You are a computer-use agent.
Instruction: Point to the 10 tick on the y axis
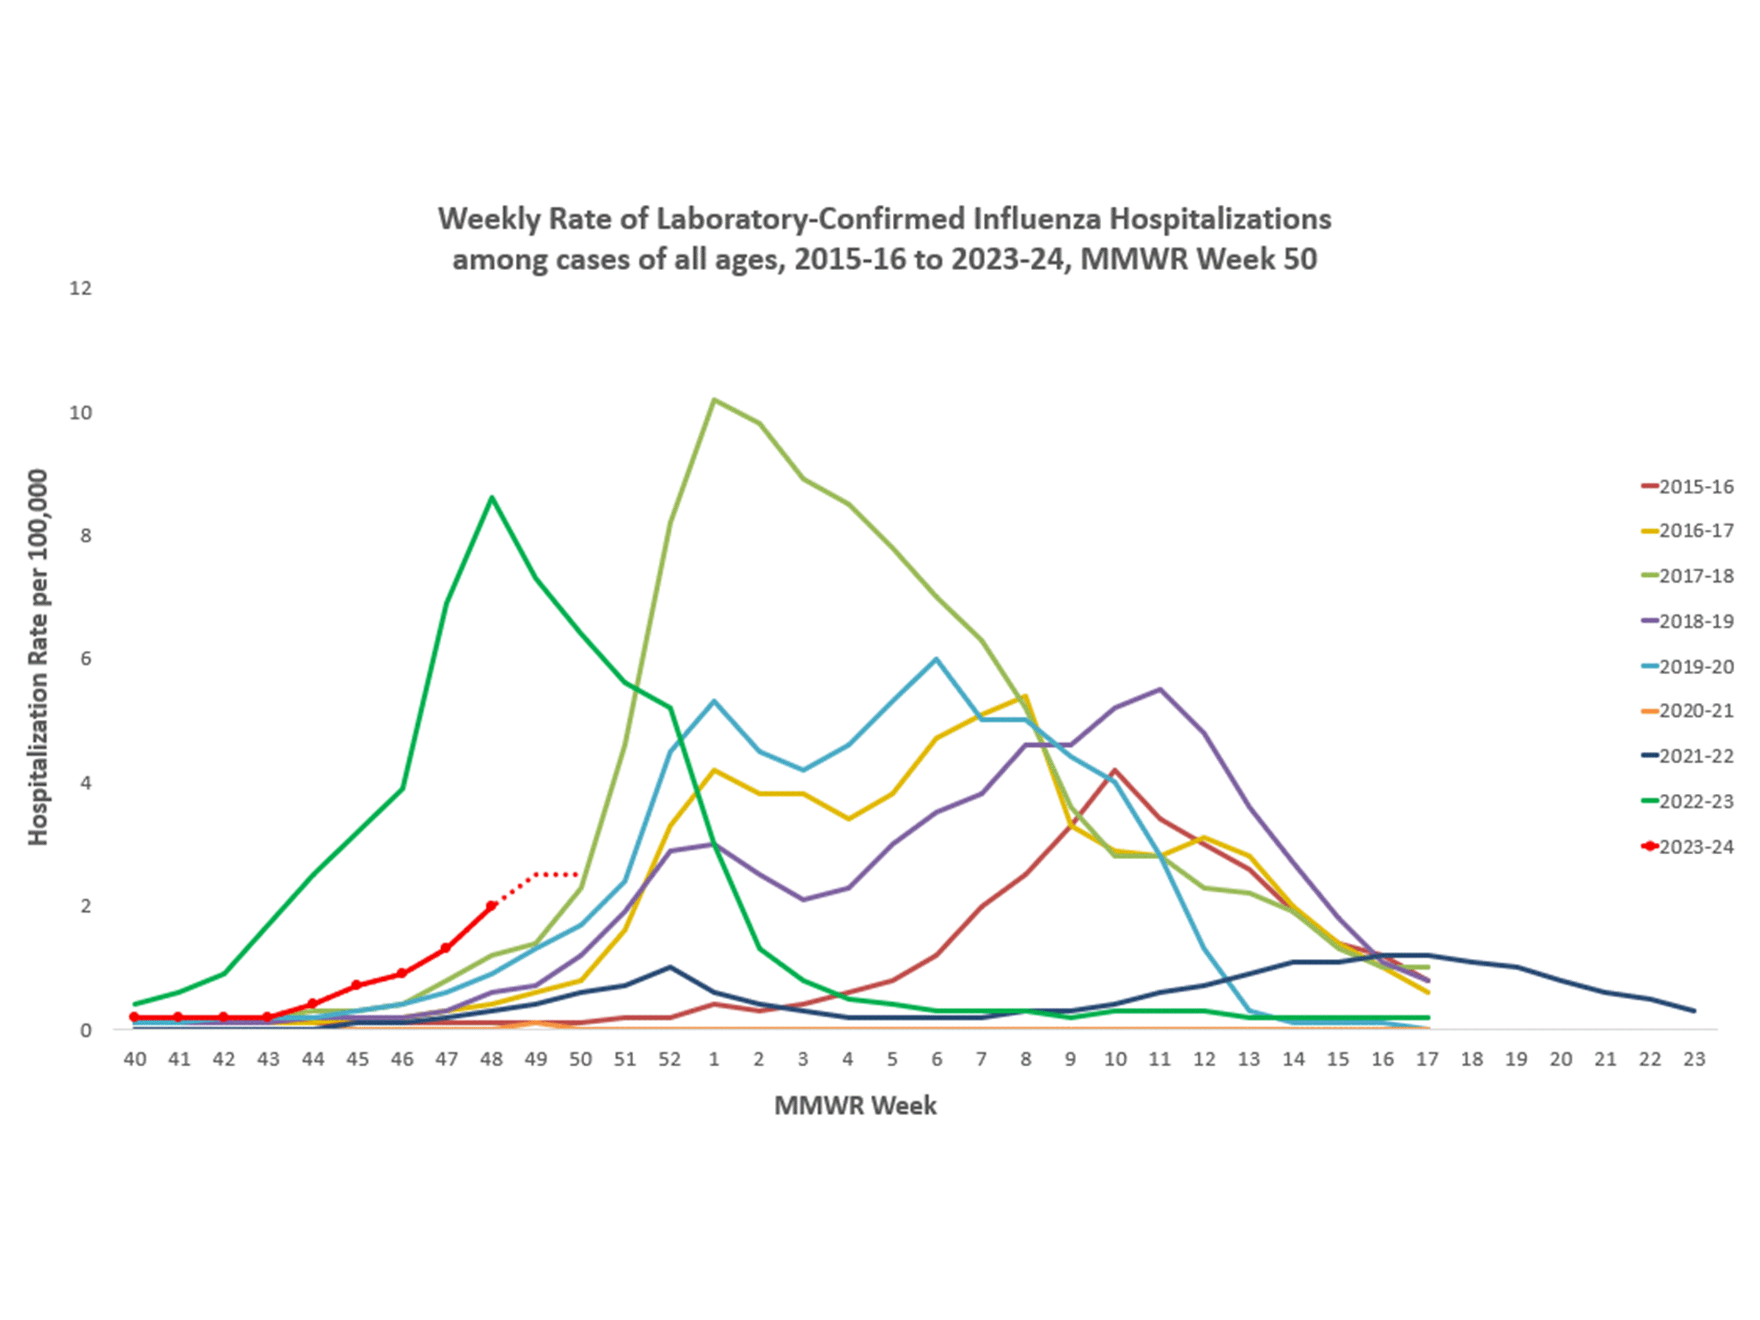click(x=81, y=412)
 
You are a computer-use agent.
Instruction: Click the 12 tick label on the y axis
click(x=81, y=288)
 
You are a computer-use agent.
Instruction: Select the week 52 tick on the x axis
click(x=669, y=1059)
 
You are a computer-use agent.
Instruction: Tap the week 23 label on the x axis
click(x=1694, y=1059)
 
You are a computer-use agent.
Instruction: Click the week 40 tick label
click(x=134, y=1059)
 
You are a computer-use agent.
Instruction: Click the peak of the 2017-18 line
click(x=714, y=400)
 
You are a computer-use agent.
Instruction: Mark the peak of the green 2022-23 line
click(x=492, y=498)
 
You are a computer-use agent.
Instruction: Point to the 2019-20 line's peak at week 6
click(x=936, y=659)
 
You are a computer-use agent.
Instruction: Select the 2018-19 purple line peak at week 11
click(x=1159, y=689)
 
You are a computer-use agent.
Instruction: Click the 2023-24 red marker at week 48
click(x=492, y=906)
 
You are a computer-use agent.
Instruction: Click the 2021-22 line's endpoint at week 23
click(x=1693, y=1011)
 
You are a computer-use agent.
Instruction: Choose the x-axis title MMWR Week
click(x=856, y=1105)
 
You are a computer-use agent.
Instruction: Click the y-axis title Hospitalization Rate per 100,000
click(x=37, y=657)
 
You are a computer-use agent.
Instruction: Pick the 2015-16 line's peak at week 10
click(x=1115, y=769)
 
